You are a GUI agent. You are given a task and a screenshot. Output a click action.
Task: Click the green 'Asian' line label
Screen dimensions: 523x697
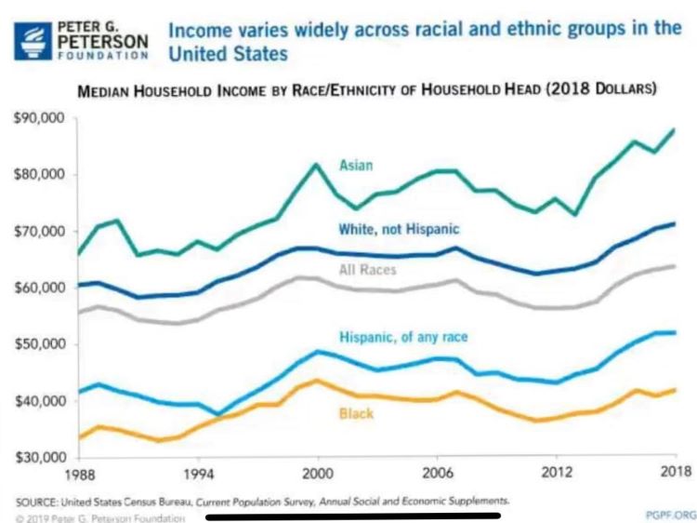[x=355, y=165]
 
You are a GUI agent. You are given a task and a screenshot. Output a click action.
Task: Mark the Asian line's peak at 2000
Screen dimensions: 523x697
[x=316, y=165]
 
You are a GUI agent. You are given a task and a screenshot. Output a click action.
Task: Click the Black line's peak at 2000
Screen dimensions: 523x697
[x=317, y=380]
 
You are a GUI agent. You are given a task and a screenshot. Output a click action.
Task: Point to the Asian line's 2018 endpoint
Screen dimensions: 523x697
[x=674, y=129]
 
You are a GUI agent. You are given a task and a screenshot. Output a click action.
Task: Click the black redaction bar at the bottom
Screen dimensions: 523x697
[x=353, y=514]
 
